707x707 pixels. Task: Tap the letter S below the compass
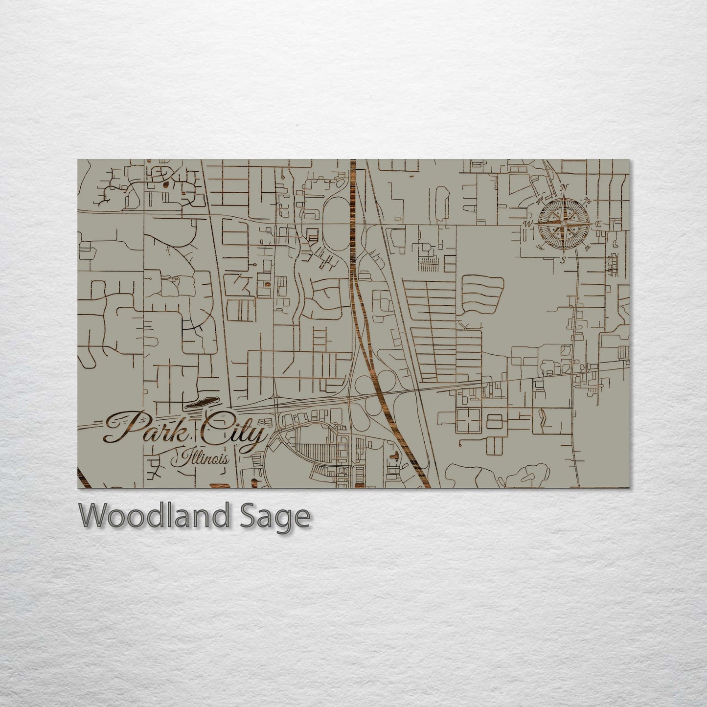(563, 260)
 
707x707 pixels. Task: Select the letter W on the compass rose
(527, 224)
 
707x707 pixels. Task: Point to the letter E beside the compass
(598, 224)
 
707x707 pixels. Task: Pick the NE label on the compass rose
(587, 201)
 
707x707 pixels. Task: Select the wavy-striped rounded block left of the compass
(482, 294)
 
